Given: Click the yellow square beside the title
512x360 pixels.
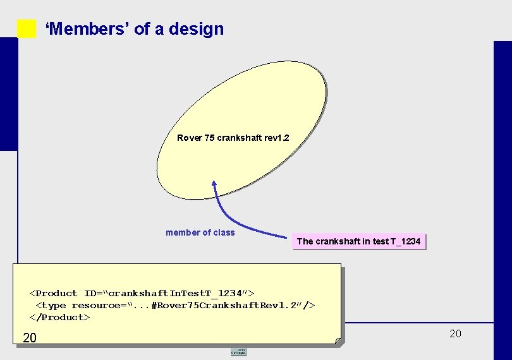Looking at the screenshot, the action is (27, 28).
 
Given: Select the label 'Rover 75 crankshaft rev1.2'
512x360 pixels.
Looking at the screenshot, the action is (233, 138).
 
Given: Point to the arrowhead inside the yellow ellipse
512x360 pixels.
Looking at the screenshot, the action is (214, 184).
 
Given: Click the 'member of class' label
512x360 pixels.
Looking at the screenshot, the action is (200, 232).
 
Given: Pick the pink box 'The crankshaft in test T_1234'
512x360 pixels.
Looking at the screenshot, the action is (358, 241).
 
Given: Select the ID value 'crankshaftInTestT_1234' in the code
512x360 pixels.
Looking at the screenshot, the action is (179, 293).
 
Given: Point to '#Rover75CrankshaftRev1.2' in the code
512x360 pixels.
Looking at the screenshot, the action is (226, 305).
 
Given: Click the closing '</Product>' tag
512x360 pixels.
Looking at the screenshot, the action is (59, 317).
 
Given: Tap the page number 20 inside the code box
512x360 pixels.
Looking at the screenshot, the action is (30, 339).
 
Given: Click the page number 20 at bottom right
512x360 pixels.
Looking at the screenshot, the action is (455, 333).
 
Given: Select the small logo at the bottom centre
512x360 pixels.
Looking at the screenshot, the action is (238, 351).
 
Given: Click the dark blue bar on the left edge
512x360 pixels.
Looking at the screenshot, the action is (8, 95).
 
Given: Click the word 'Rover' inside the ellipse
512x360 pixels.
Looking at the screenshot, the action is (190, 138).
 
